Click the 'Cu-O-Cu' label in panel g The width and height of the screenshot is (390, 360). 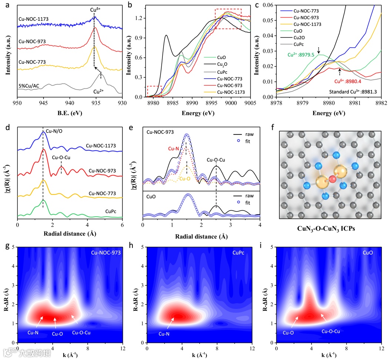point(81,333)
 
